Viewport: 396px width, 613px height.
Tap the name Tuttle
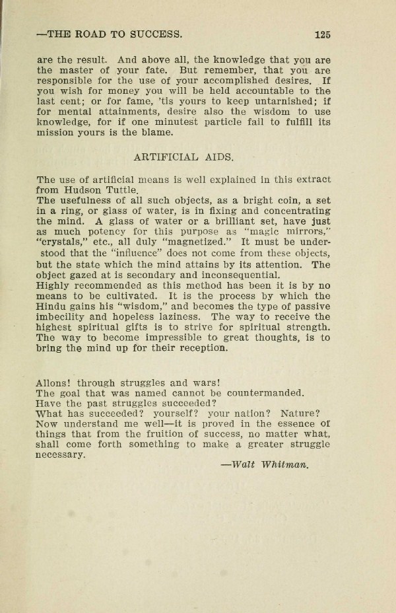[x=120, y=190]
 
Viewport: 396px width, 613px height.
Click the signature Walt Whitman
[x=265, y=464]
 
